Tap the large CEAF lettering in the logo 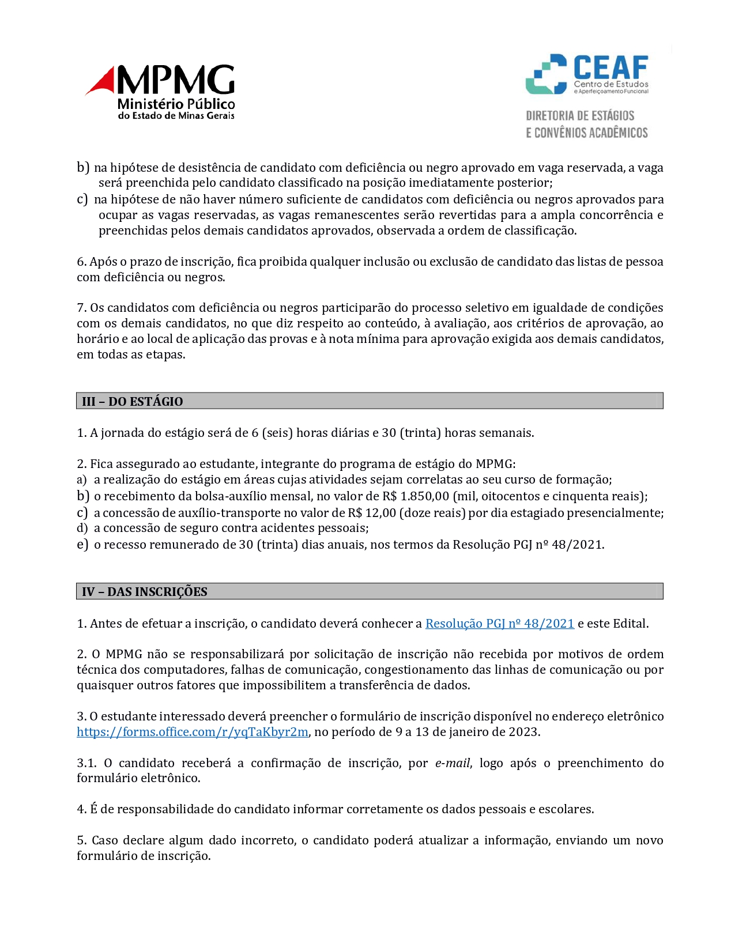tap(610, 68)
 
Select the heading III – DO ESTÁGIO tap(133, 401)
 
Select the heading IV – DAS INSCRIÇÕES tap(145, 591)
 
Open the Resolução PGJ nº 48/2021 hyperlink tap(499, 623)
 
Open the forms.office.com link tap(193, 732)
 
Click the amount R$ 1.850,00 tap(416, 496)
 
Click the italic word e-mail tap(452, 763)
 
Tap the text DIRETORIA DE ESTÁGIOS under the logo tap(580, 116)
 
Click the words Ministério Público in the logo tap(176, 104)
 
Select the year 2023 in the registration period tap(523, 732)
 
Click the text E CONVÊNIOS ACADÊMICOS tap(587, 133)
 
